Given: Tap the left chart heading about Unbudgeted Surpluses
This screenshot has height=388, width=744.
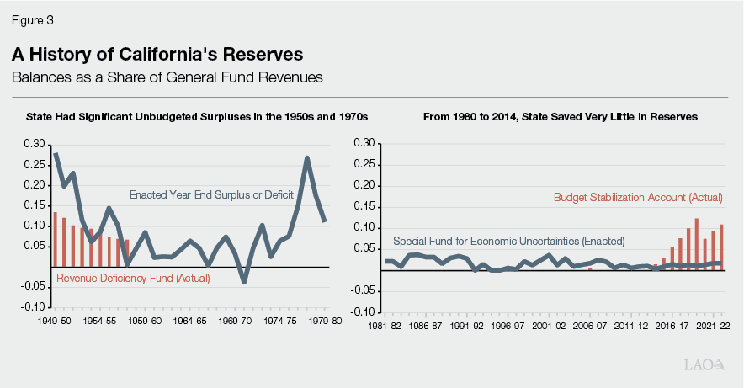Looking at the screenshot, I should tap(197, 116).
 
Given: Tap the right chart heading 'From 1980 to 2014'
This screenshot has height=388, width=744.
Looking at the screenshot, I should tap(561, 116).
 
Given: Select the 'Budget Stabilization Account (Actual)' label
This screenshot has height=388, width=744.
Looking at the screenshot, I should tap(638, 198).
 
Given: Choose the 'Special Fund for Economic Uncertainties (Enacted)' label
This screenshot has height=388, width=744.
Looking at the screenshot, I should tap(509, 240).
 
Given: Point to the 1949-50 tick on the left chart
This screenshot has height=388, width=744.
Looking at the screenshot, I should tap(55, 321).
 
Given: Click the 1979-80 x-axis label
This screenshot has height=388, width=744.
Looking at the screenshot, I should tap(324, 321).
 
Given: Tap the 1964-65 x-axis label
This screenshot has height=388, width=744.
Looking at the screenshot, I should tap(189, 321).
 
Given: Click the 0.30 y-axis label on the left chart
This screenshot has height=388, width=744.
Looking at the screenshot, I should tap(36, 144).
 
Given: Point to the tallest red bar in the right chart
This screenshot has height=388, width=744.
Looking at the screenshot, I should tap(697, 244).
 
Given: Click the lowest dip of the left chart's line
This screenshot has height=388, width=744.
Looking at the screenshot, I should tap(244, 282).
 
